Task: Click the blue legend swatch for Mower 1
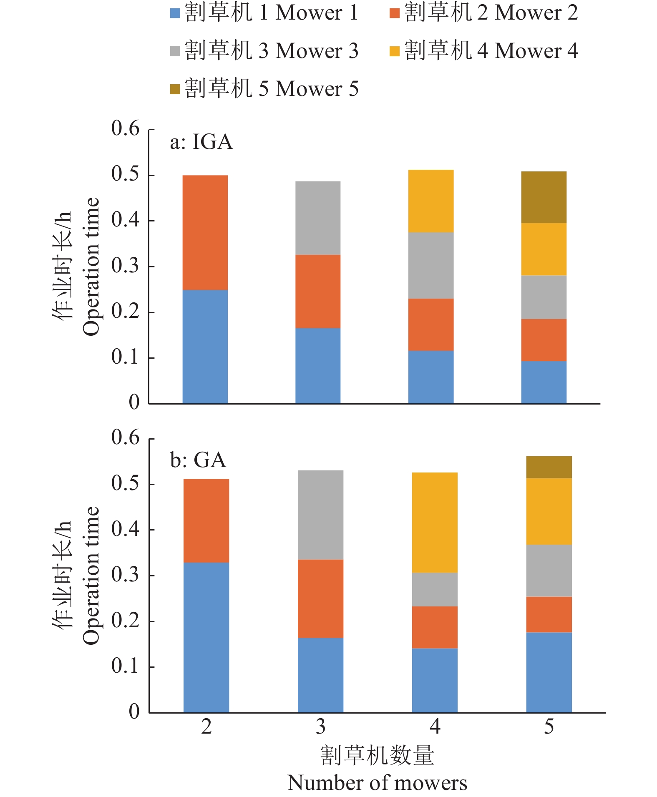click(x=175, y=13)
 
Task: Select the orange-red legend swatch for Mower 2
click(x=394, y=13)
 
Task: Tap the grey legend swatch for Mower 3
click(x=175, y=51)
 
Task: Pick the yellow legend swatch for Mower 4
click(x=394, y=51)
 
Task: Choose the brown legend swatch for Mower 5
click(x=175, y=89)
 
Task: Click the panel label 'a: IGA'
click(x=201, y=142)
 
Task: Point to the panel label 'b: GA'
click(x=198, y=460)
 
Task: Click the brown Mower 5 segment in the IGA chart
click(x=544, y=197)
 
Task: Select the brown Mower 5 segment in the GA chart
click(x=549, y=467)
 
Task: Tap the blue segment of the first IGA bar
click(x=205, y=347)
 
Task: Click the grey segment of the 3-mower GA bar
click(x=320, y=515)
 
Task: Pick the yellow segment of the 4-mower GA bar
click(x=435, y=522)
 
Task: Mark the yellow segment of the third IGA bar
click(x=430, y=201)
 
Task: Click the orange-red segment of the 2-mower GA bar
click(x=206, y=520)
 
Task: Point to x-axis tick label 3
click(x=320, y=727)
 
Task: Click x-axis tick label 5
click(x=549, y=727)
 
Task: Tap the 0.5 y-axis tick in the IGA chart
click(x=125, y=174)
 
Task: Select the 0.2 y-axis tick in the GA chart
click(x=125, y=621)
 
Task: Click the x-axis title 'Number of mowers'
click(x=377, y=783)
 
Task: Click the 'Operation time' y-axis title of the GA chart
click(x=91, y=576)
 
